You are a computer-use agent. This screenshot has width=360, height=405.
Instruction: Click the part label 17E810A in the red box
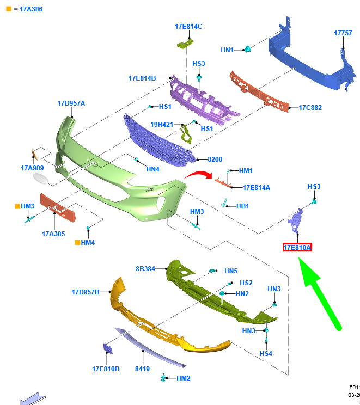tap(297, 248)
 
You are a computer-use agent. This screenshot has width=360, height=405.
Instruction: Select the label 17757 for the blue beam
tap(343, 33)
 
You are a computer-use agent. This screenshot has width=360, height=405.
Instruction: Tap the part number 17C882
tap(310, 107)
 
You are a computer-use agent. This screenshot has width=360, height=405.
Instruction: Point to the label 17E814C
tap(188, 27)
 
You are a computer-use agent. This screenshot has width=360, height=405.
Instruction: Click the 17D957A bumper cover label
tap(71, 103)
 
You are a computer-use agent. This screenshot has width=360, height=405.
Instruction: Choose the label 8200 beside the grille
tap(215, 159)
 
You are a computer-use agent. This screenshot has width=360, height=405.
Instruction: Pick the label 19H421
tap(162, 125)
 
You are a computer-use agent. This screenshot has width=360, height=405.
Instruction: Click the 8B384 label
tap(145, 269)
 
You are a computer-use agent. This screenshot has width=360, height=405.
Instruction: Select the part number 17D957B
tap(86, 292)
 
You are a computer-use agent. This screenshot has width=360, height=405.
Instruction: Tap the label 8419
tap(142, 369)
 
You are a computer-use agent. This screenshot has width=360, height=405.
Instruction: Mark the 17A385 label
tap(53, 234)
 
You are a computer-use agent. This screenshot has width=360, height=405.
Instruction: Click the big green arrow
tap(320, 293)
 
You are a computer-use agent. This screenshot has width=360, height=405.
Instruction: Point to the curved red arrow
tap(199, 174)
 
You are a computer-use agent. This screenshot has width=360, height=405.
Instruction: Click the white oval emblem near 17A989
tap(41, 179)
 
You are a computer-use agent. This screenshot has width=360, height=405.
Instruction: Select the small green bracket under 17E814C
tap(185, 44)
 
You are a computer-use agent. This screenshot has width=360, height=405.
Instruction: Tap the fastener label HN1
tap(227, 50)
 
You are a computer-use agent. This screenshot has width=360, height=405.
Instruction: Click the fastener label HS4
tap(266, 354)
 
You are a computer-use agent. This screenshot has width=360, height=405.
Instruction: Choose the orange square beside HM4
tap(77, 242)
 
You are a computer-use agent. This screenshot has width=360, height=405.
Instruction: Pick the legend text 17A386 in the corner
tap(31, 9)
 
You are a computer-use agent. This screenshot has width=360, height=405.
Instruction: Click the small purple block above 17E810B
tap(108, 349)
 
